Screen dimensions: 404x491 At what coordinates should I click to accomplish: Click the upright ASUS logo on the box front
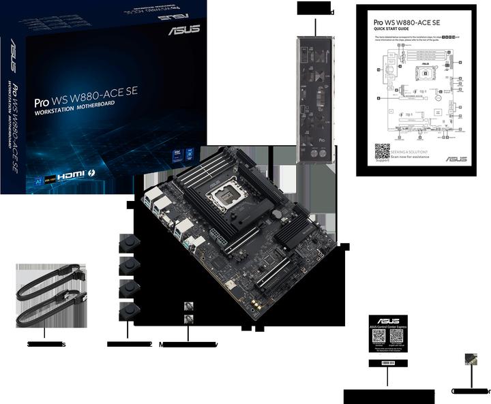pos(185,30)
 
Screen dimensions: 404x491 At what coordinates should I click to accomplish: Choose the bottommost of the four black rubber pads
pos(128,311)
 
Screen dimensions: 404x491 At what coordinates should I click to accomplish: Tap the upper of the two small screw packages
pos(189,307)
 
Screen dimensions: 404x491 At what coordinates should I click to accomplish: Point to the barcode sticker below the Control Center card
pos(387,363)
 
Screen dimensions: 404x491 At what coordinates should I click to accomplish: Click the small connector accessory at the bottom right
pos(470,359)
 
